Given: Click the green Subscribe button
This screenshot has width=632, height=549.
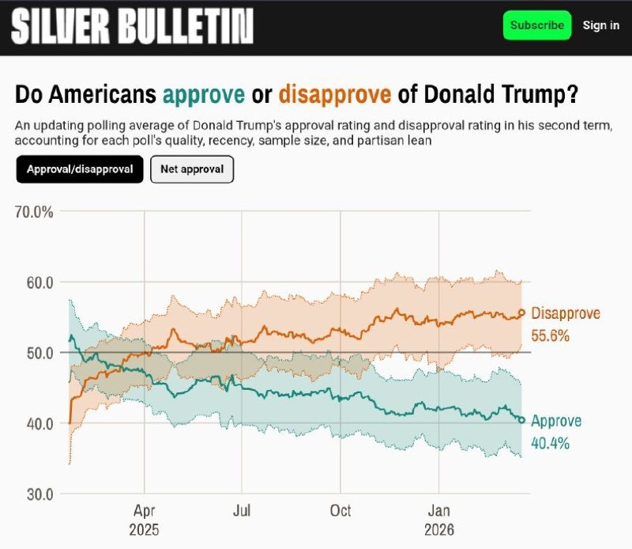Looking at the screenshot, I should [x=537, y=25].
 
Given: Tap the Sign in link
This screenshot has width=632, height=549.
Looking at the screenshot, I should [x=600, y=25].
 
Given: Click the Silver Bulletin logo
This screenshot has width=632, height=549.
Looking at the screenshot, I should [x=132, y=28].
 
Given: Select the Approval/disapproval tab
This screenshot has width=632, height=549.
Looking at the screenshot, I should [x=80, y=169].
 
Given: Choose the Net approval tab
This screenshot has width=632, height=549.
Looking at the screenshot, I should [x=192, y=169].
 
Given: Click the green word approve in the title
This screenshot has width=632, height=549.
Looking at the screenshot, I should [x=203, y=95].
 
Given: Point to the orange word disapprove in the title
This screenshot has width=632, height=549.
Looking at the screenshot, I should [x=335, y=95].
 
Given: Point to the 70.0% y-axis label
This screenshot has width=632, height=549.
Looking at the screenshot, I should [x=34, y=211].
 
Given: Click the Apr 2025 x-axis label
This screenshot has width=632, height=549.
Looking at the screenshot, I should [x=145, y=520].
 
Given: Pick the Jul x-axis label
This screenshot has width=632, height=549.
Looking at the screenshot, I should [x=243, y=511].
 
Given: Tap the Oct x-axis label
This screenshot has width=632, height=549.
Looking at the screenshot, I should [x=340, y=511].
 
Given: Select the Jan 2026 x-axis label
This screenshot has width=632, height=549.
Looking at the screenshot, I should [x=438, y=520].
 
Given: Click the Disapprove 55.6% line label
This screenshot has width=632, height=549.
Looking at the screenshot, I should [x=566, y=324].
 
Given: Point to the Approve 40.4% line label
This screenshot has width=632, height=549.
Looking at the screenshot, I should [x=556, y=432].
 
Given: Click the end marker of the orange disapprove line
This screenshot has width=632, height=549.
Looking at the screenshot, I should [x=521, y=312].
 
